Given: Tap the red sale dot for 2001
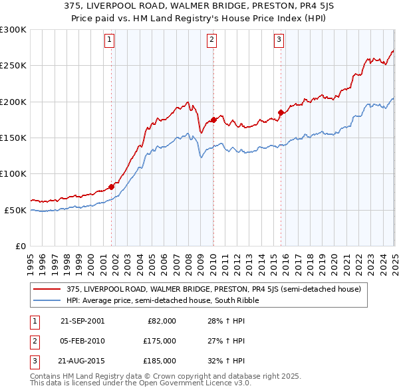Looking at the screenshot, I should [x=111, y=187].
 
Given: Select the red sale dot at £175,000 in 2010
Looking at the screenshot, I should [x=213, y=120].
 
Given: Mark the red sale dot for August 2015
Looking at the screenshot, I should [x=281, y=112].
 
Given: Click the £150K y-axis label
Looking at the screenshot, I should [x=13, y=138].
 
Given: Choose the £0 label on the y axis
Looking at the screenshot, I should [x=19, y=246].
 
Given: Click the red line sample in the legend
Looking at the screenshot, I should [x=47, y=290].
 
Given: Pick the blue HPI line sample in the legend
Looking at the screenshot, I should [x=47, y=301].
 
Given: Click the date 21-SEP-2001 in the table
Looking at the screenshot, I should [x=82, y=321].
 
